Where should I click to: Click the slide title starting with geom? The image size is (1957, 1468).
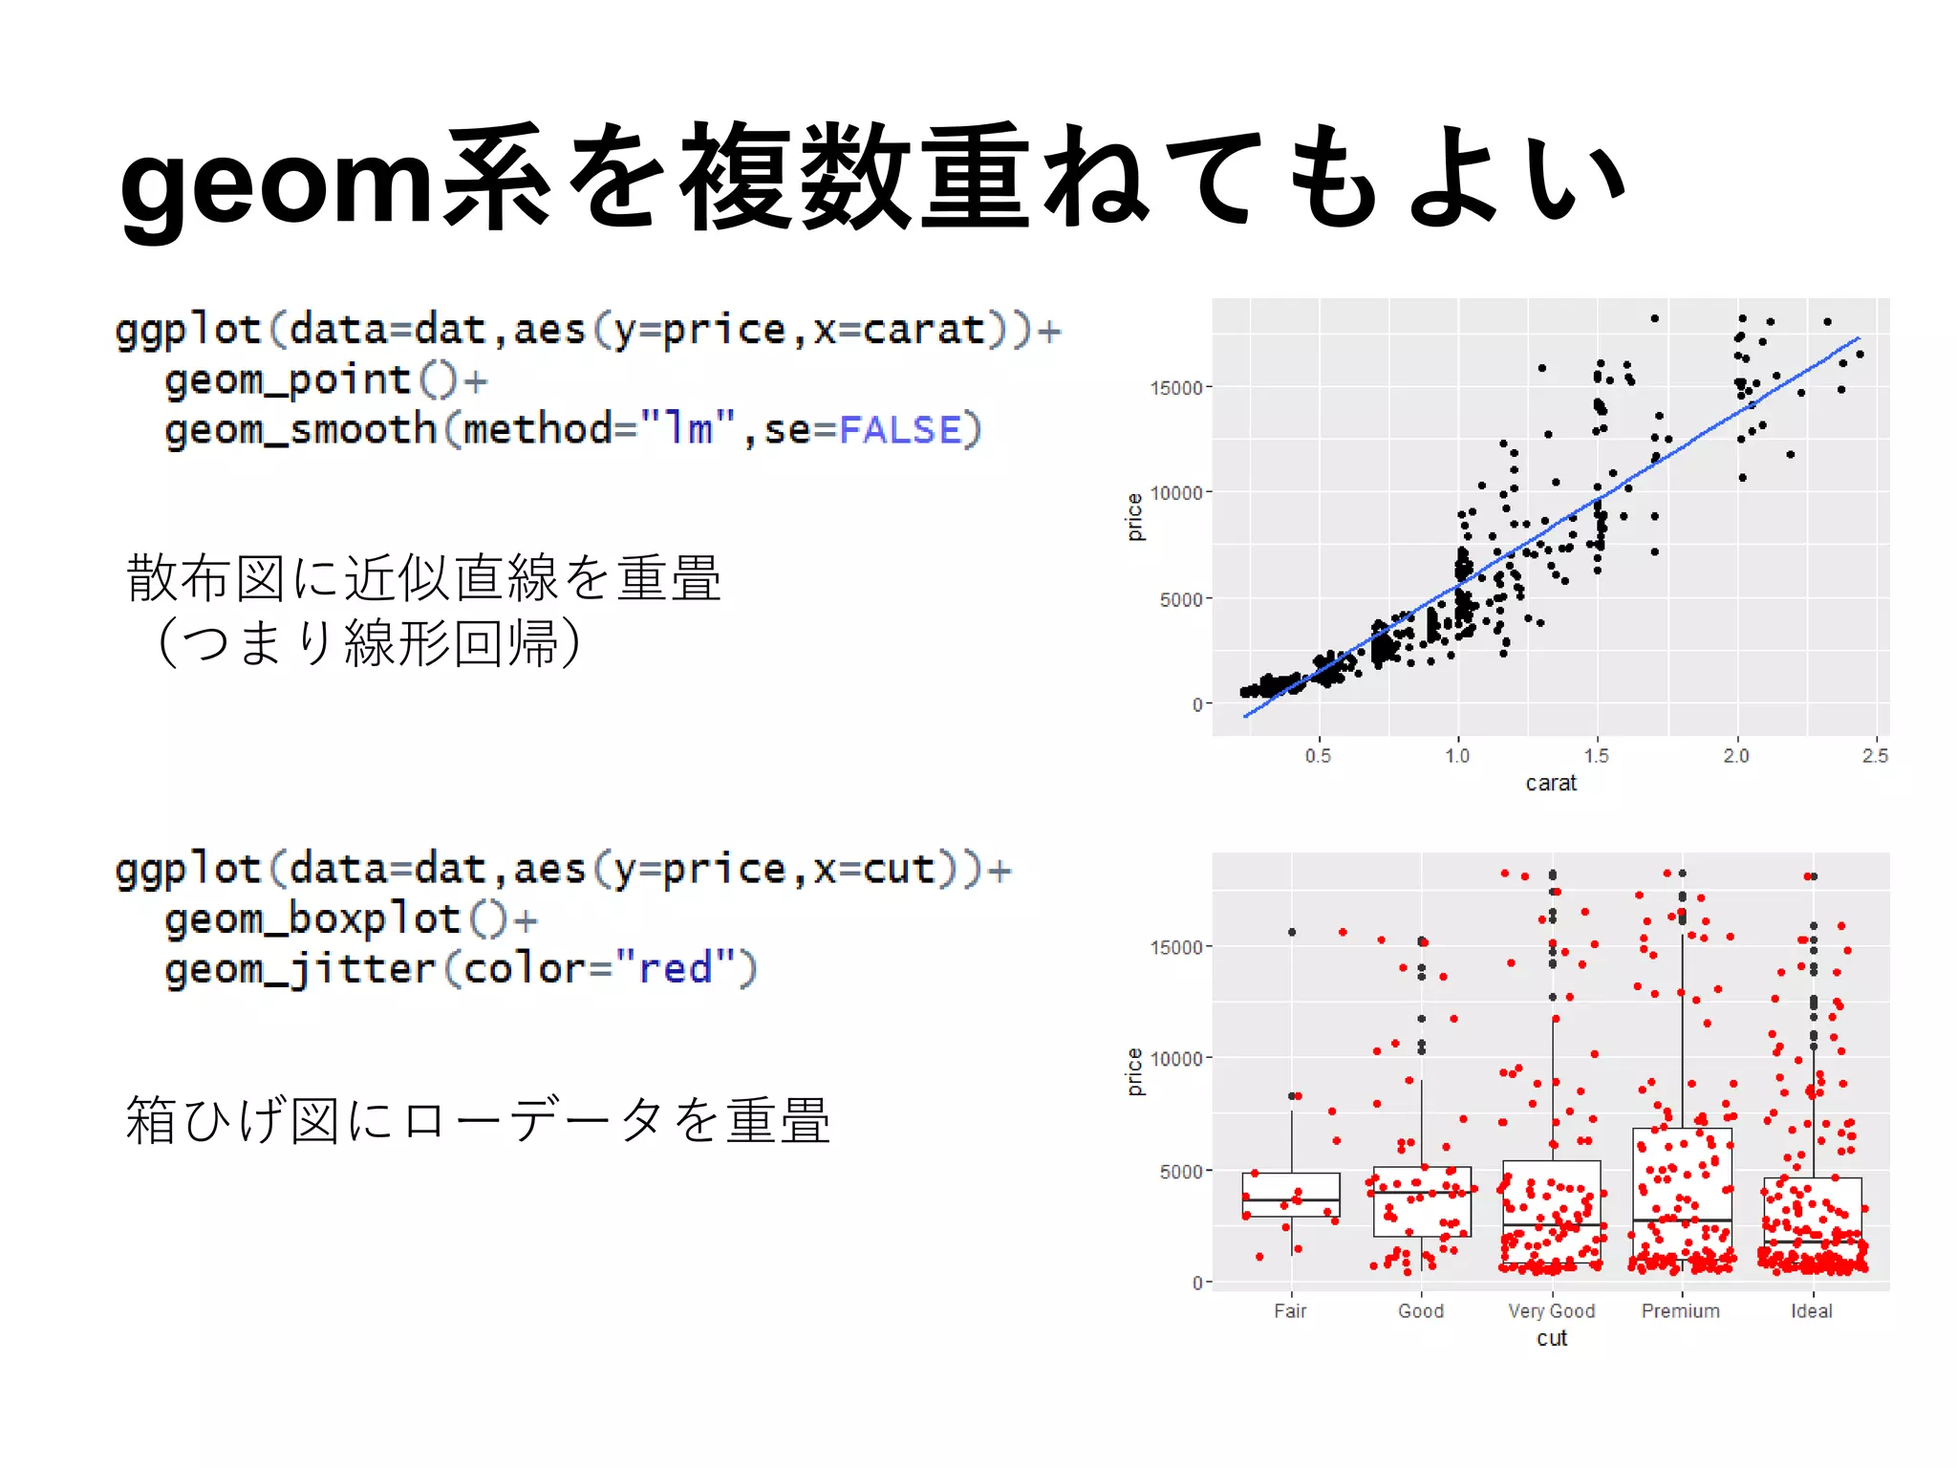(x=871, y=180)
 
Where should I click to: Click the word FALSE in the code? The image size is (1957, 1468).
(x=899, y=430)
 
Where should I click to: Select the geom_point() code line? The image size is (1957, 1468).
(x=326, y=380)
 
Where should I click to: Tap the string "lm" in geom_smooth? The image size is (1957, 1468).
(x=687, y=428)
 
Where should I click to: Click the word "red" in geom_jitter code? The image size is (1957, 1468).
(x=675, y=968)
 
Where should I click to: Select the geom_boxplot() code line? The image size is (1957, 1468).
(x=351, y=919)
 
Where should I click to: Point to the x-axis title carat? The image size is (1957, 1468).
(x=1550, y=784)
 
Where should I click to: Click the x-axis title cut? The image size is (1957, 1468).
(x=1551, y=1338)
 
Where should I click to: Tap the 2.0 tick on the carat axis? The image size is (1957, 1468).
(x=1735, y=756)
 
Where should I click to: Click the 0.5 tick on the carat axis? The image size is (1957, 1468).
(x=1318, y=756)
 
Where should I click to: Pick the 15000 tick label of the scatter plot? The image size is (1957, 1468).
(x=1175, y=388)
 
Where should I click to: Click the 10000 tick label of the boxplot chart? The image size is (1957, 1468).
(x=1175, y=1059)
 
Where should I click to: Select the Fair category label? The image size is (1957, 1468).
(x=1290, y=1311)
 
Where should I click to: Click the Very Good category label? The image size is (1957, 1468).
(x=1551, y=1311)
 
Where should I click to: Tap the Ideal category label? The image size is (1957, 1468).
(x=1811, y=1311)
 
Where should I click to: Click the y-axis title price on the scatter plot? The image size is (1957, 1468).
(x=1134, y=517)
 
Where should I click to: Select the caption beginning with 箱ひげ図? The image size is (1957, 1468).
(x=478, y=1120)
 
